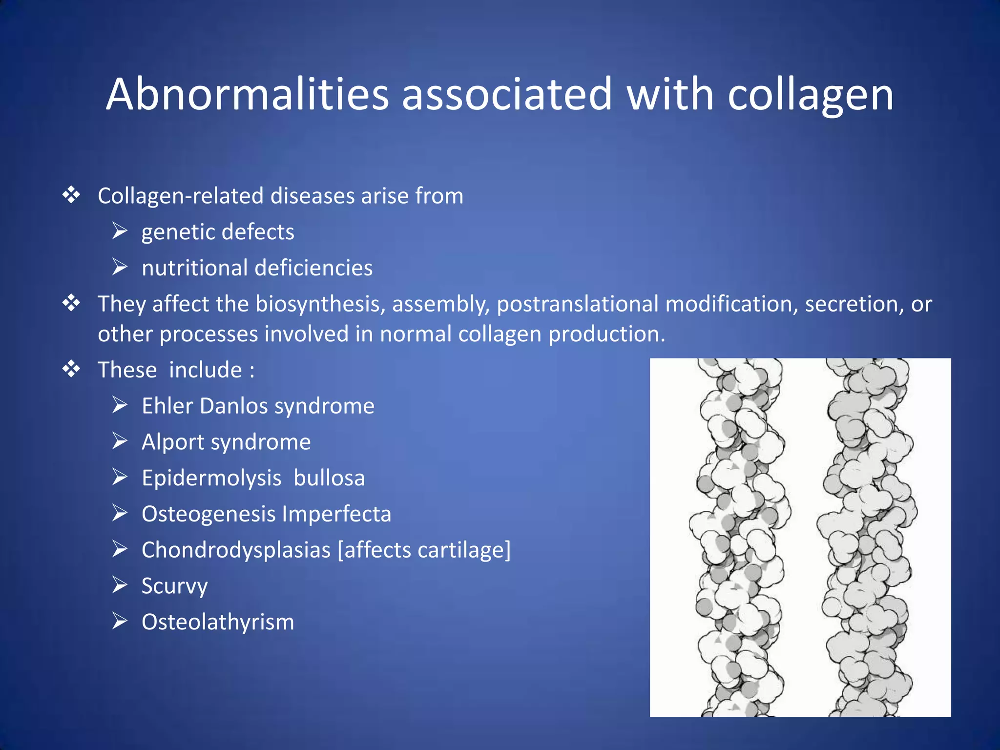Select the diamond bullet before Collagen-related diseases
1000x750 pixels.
pyautogui.click(x=71, y=195)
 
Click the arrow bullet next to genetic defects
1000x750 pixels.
pyautogui.click(x=120, y=231)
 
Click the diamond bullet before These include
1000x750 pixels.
pyautogui.click(x=71, y=369)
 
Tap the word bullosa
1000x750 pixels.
pyautogui.click(x=329, y=478)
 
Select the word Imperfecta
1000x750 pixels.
pyautogui.click(x=336, y=514)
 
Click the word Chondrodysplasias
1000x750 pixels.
pyautogui.click(x=236, y=550)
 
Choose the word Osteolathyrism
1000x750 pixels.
pyautogui.click(x=218, y=622)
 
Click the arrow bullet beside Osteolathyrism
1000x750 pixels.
pyautogui.click(x=120, y=621)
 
